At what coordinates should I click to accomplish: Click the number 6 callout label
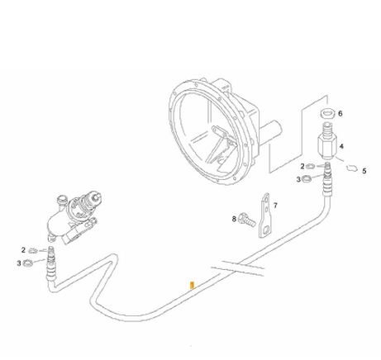pos(341,113)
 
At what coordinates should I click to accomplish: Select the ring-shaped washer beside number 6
pos(327,113)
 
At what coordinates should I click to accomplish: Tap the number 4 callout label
pos(341,146)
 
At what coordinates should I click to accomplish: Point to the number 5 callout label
pos(364,171)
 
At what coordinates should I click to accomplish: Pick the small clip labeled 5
pos(352,168)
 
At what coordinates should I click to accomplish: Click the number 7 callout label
pos(275,206)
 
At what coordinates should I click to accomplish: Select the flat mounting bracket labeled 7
pos(265,216)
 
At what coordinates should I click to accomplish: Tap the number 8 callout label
pos(234,220)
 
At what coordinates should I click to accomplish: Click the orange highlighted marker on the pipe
pos(193,286)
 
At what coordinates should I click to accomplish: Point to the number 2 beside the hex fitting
pos(302,166)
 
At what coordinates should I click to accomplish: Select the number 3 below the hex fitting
pos(298,180)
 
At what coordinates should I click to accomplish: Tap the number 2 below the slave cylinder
pos(23,250)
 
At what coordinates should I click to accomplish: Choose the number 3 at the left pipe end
pos(19,263)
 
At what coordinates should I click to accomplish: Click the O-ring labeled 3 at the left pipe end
pos(28,263)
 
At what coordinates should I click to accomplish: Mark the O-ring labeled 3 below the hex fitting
pos(307,178)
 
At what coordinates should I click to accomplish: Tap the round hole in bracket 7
pos(265,230)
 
